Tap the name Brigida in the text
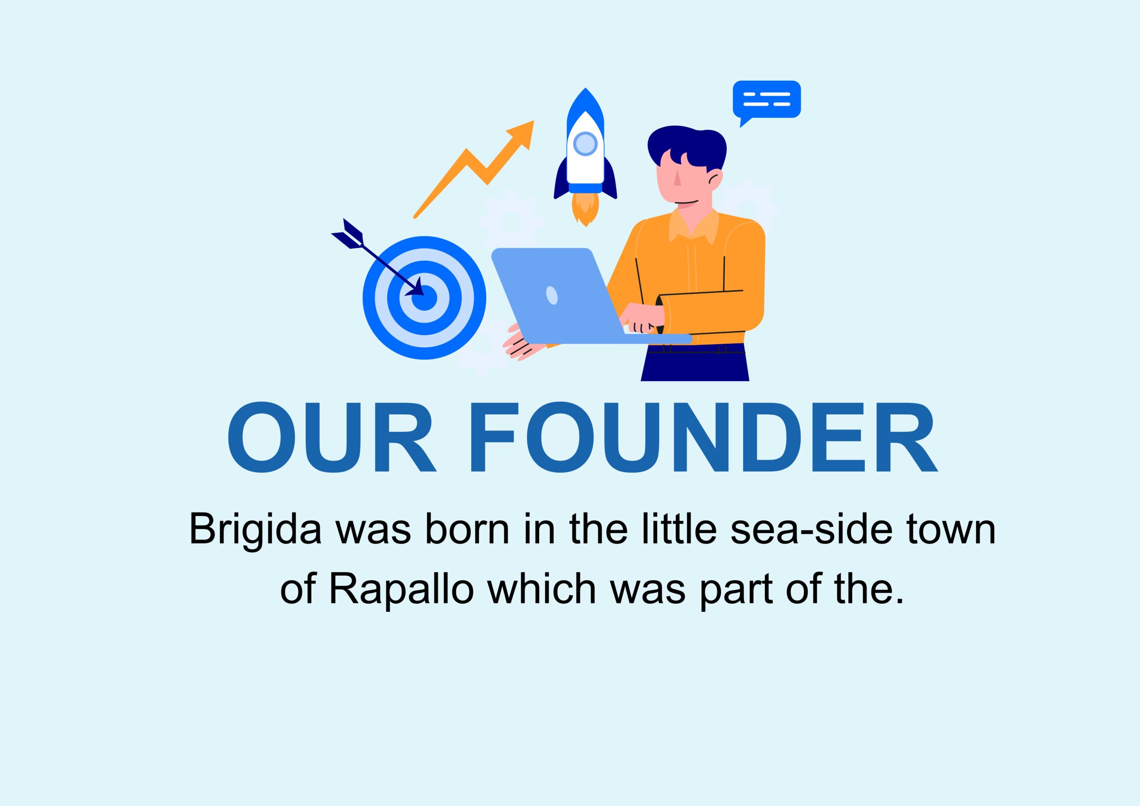(255, 531)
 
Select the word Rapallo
(401, 590)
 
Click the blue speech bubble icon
(767, 101)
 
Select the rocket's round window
(586, 143)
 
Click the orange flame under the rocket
(586, 208)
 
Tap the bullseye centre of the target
(424, 297)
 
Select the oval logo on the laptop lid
(552, 295)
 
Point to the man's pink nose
(677, 177)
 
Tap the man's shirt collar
(694, 226)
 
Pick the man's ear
(716, 180)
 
